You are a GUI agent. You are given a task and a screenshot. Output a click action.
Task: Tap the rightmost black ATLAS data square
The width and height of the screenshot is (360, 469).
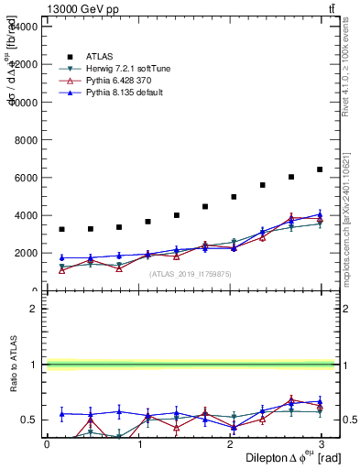(x=320, y=169)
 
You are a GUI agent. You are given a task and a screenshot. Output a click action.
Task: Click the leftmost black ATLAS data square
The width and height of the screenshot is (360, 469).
(x=61, y=229)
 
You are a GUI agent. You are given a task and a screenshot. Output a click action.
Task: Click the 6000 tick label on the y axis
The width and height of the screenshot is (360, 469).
(x=25, y=178)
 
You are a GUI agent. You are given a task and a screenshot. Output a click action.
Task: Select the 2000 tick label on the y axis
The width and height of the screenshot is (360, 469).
(x=25, y=254)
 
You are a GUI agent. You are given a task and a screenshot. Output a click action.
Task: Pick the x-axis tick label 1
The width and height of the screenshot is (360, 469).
(x=138, y=443)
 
